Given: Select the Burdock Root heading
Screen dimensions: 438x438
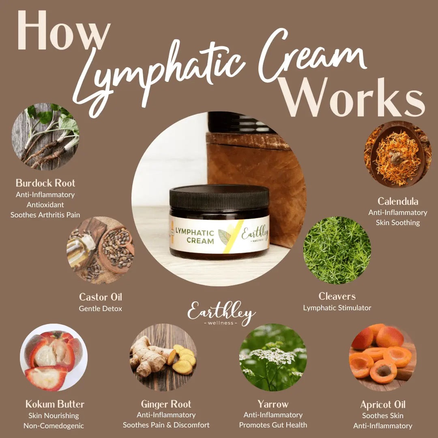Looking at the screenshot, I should tap(45, 182).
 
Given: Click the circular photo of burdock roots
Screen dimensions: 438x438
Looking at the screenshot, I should tap(45, 136).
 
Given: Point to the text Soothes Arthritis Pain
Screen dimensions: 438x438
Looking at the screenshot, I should tap(45, 215).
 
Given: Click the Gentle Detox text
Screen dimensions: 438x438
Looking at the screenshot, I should tap(101, 309).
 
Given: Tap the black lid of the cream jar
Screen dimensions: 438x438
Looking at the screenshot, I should tap(219, 197).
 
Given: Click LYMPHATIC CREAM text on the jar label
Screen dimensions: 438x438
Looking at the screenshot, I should tap(195, 236).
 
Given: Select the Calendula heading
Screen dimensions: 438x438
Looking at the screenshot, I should tap(398, 201).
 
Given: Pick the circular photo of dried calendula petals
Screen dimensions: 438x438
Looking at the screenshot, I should tap(397, 154).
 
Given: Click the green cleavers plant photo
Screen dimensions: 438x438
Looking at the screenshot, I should tap(337, 250).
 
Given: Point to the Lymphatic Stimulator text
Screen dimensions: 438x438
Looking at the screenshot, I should tap(337, 308).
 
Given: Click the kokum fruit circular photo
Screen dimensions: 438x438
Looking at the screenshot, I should tap(54, 357).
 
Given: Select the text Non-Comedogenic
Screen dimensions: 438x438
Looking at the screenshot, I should tap(54, 426).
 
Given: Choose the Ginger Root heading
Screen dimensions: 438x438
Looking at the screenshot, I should tap(166, 404).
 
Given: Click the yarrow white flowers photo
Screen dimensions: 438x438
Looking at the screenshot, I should tap(273, 357).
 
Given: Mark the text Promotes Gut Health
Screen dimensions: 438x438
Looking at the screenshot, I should tap(273, 425).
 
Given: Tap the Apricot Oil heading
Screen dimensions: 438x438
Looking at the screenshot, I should tap(383, 404).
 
